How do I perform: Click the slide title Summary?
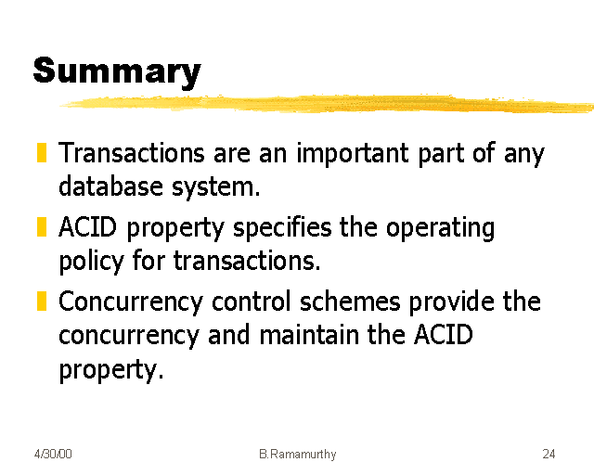pyautogui.click(x=117, y=73)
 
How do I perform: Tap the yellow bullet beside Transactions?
pyautogui.click(x=42, y=152)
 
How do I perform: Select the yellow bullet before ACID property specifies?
pyautogui.click(x=42, y=226)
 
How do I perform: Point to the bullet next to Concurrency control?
pyautogui.click(x=42, y=301)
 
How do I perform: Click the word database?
pyautogui.click(x=111, y=186)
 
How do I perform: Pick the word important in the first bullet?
pyautogui.click(x=353, y=153)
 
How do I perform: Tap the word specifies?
pyautogui.click(x=282, y=228)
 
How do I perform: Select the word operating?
pyautogui.click(x=440, y=228)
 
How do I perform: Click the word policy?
pyautogui.click(x=91, y=262)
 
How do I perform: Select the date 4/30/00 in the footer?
pyautogui.click(x=53, y=454)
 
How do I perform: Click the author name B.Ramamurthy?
pyautogui.click(x=297, y=454)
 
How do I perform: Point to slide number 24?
pyautogui.click(x=549, y=454)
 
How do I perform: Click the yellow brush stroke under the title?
pyautogui.click(x=327, y=103)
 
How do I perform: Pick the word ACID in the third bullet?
pyautogui.click(x=443, y=335)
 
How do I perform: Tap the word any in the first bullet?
pyautogui.click(x=523, y=154)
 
